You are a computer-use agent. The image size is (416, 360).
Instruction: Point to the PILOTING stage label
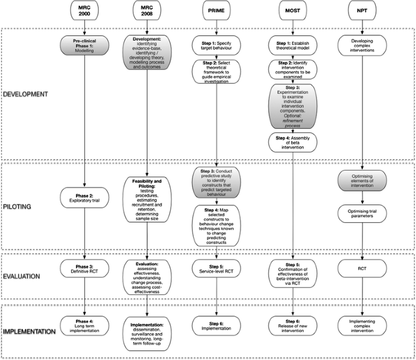(x=18, y=206)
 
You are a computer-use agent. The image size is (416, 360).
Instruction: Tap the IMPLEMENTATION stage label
(x=30, y=330)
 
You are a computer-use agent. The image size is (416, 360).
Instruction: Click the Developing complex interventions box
(x=363, y=46)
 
